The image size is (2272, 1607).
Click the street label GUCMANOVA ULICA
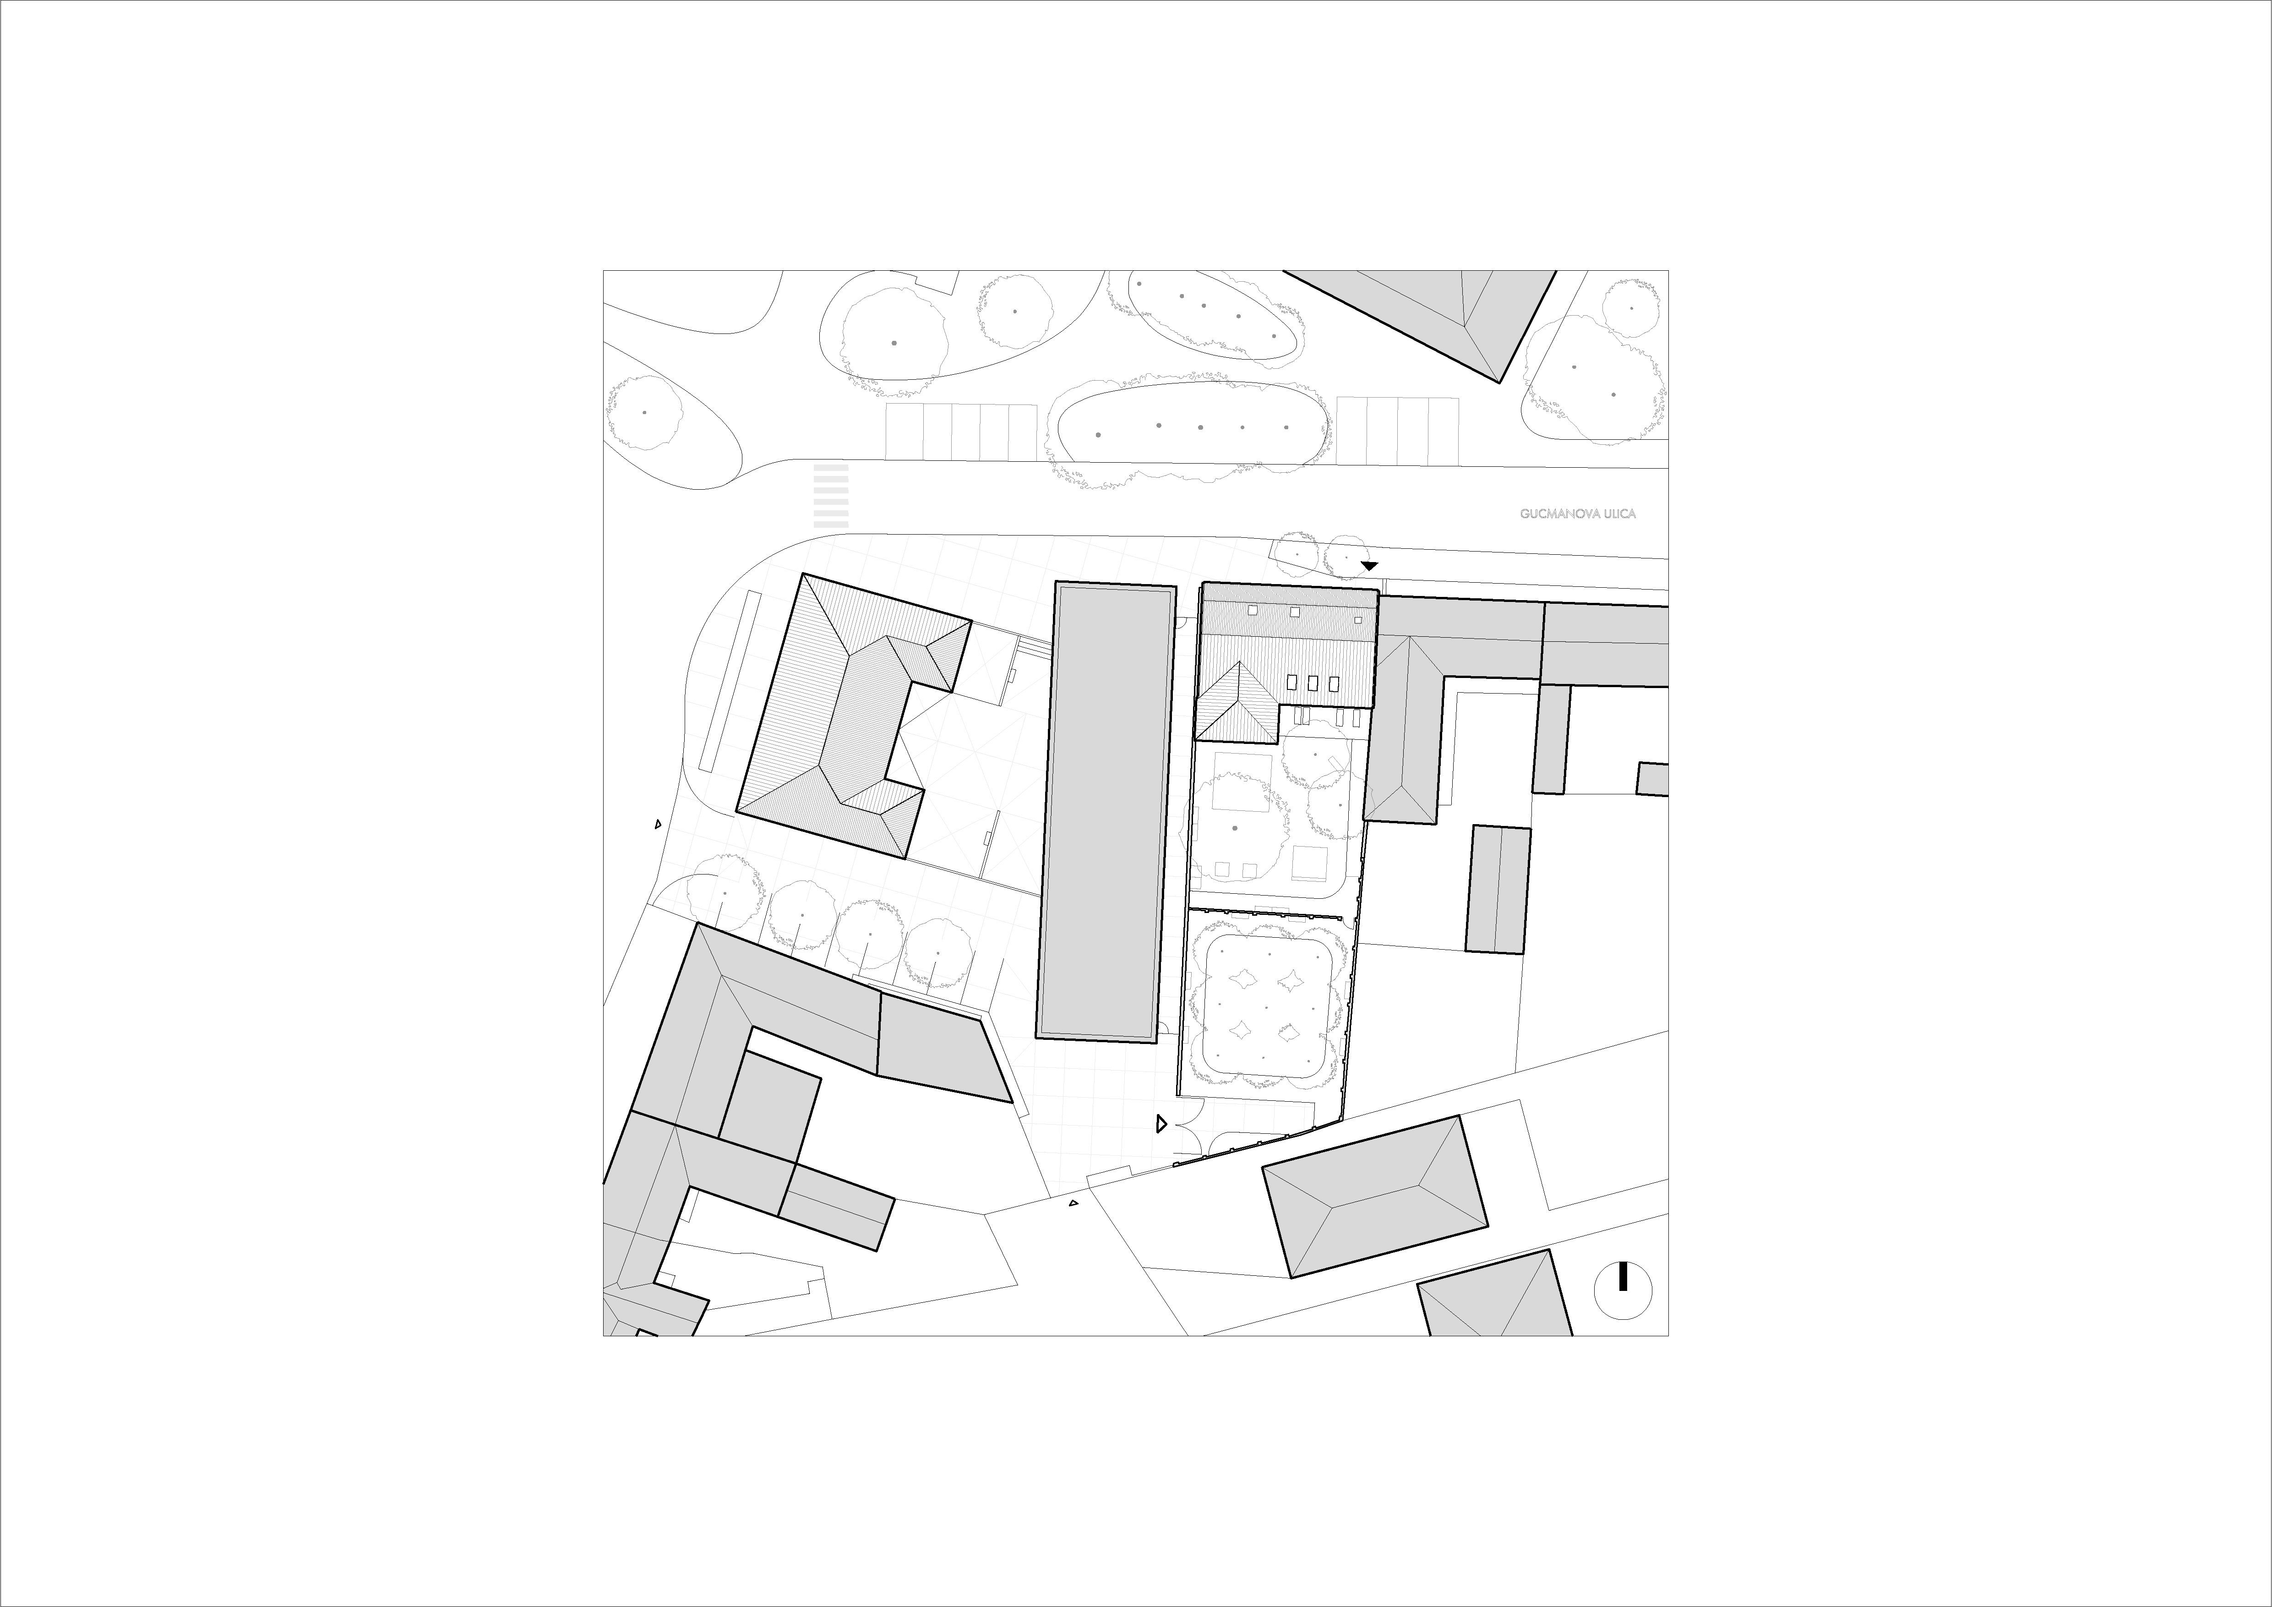click(1577, 514)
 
